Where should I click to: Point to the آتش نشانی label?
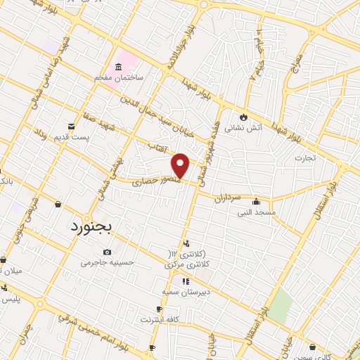[x=243, y=129]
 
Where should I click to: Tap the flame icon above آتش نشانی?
[x=244, y=117]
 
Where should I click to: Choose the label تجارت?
[x=305, y=157]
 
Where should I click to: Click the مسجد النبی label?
[x=255, y=212]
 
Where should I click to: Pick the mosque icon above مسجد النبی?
[x=255, y=201]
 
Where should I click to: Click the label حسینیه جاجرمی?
[x=107, y=262]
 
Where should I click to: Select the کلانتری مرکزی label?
[x=184, y=264]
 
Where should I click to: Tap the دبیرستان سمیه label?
[x=182, y=291]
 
